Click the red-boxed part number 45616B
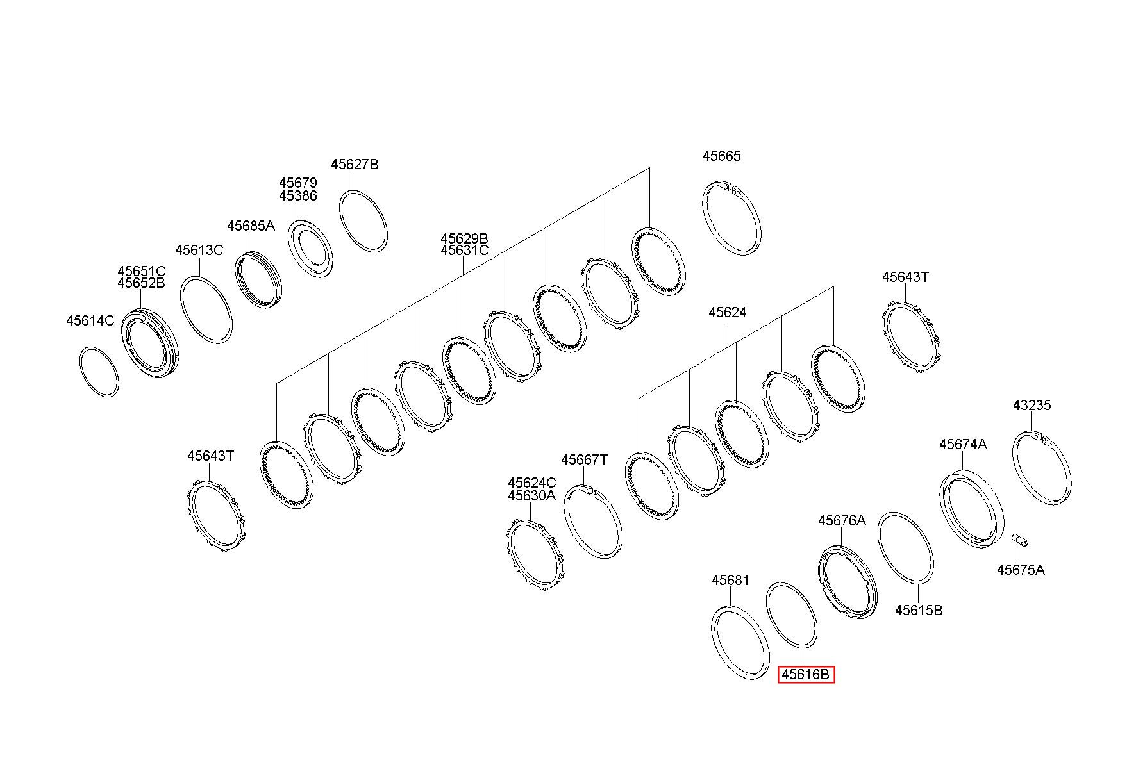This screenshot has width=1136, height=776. coord(806,675)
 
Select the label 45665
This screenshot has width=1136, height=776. coord(721,156)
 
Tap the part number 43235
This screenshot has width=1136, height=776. coord(1032,406)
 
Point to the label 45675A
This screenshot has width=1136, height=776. coord(1020,570)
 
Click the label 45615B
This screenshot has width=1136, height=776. coord(918,610)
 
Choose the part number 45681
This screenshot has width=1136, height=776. coord(730,581)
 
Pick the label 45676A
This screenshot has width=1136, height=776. coord(841,521)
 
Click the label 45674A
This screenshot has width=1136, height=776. coord(963,444)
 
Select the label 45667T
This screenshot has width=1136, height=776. coord(583,460)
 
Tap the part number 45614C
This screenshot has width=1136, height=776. coord(90,320)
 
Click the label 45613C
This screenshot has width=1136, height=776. coord(199,250)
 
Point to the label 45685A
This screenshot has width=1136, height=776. coord(250,226)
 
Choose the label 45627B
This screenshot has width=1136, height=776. coord(355,165)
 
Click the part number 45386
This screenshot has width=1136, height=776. coord(297,196)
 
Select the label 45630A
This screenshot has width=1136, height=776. coord(531,496)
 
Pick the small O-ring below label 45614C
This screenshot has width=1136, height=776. coord(99,371)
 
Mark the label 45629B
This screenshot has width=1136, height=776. coord(464,238)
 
